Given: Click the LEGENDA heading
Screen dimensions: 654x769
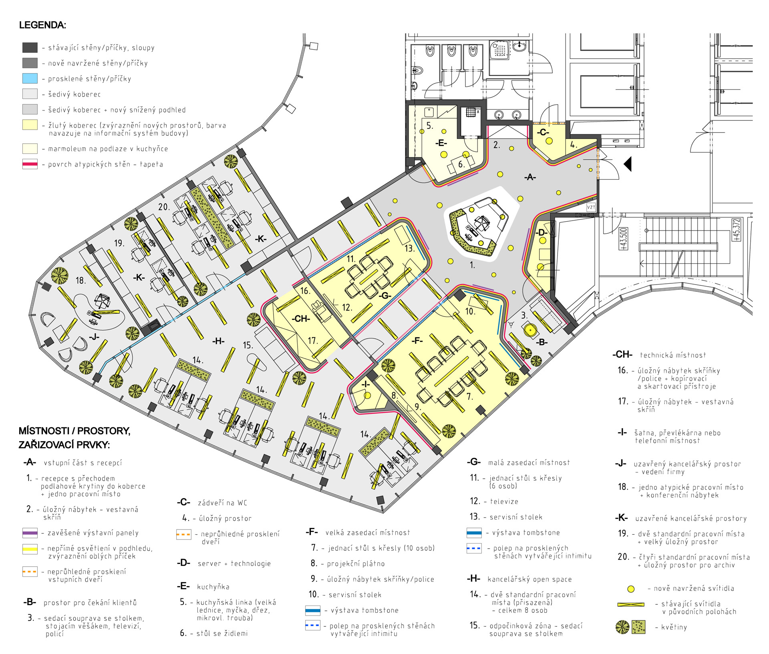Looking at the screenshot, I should click(x=42, y=25).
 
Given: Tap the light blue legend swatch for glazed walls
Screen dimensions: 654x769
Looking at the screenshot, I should click(x=30, y=78).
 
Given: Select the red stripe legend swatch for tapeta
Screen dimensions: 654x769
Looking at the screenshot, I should click(x=30, y=164).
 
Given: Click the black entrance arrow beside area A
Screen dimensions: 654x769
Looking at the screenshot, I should click(x=628, y=164).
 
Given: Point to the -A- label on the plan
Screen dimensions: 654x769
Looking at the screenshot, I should click(x=530, y=177).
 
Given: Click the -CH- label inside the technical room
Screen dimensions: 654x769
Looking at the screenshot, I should click(x=301, y=319).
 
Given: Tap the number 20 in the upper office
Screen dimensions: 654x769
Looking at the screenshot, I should click(x=164, y=207).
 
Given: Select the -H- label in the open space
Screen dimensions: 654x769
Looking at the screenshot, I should click(x=218, y=341).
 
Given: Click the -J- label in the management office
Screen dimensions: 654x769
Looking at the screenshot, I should click(x=94, y=337).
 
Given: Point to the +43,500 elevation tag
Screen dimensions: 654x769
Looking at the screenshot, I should click(x=624, y=239).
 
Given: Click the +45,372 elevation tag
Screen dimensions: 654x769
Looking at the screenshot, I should click(x=736, y=230).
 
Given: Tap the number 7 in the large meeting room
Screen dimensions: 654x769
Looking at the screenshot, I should click(x=470, y=397).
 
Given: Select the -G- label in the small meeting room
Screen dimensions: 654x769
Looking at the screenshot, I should click(x=385, y=295).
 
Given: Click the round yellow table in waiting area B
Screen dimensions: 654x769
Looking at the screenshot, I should click(x=530, y=331).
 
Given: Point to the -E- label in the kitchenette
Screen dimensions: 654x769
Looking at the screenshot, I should click(x=441, y=143).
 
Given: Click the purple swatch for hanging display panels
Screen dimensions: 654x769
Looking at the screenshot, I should click(x=30, y=533).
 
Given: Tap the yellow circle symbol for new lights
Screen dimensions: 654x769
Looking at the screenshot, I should click(x=631, y=589).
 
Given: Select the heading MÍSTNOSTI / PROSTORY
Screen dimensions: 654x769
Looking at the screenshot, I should click(x=74, y=431).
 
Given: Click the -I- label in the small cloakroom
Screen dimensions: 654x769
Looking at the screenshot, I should click(x=366, y=384).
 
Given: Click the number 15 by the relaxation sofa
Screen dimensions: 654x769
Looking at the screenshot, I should click(x=248, y=345).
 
